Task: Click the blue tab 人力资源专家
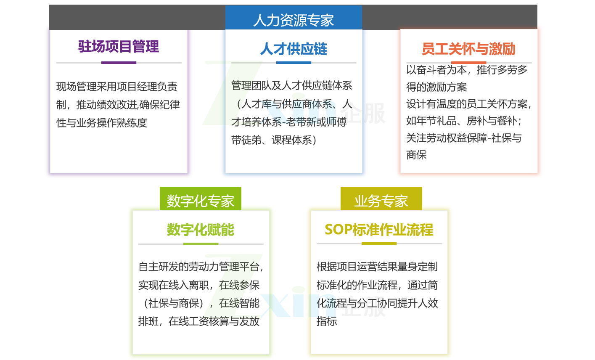click(294, 18)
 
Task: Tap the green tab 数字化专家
click(201, 199)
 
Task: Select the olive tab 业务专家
click(381, 199)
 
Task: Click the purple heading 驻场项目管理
click(119, 47)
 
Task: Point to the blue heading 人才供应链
click(294, 49)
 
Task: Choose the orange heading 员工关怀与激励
click(468, 49)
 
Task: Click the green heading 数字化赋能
click(201, 230)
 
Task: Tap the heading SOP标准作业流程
click(379, 230)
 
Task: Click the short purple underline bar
click(119, 63)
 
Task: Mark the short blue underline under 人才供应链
click(294, 63)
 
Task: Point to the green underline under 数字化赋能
click(201, 244)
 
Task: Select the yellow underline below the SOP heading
click(379, 244)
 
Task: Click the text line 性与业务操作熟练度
click(102, 123)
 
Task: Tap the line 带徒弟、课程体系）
click(274, 140)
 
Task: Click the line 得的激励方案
click(436, 87)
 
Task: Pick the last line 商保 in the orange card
click(416, 155)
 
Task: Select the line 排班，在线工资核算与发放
click(199, 321)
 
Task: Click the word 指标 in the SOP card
click(327, 321)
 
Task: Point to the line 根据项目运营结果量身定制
click(377, 267)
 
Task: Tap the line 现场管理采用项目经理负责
click(117, 87)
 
